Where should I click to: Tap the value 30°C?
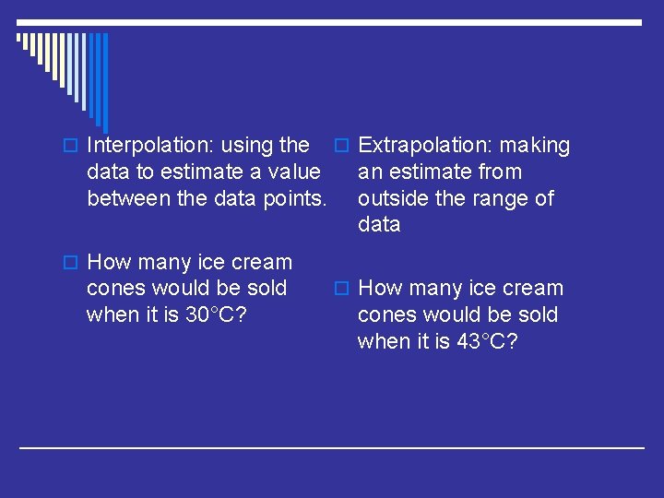pos(215,314)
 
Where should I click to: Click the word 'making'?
pos(535,146)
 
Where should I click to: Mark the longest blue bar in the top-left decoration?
pos(104,83)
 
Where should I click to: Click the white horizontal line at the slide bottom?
pos(332,448)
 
